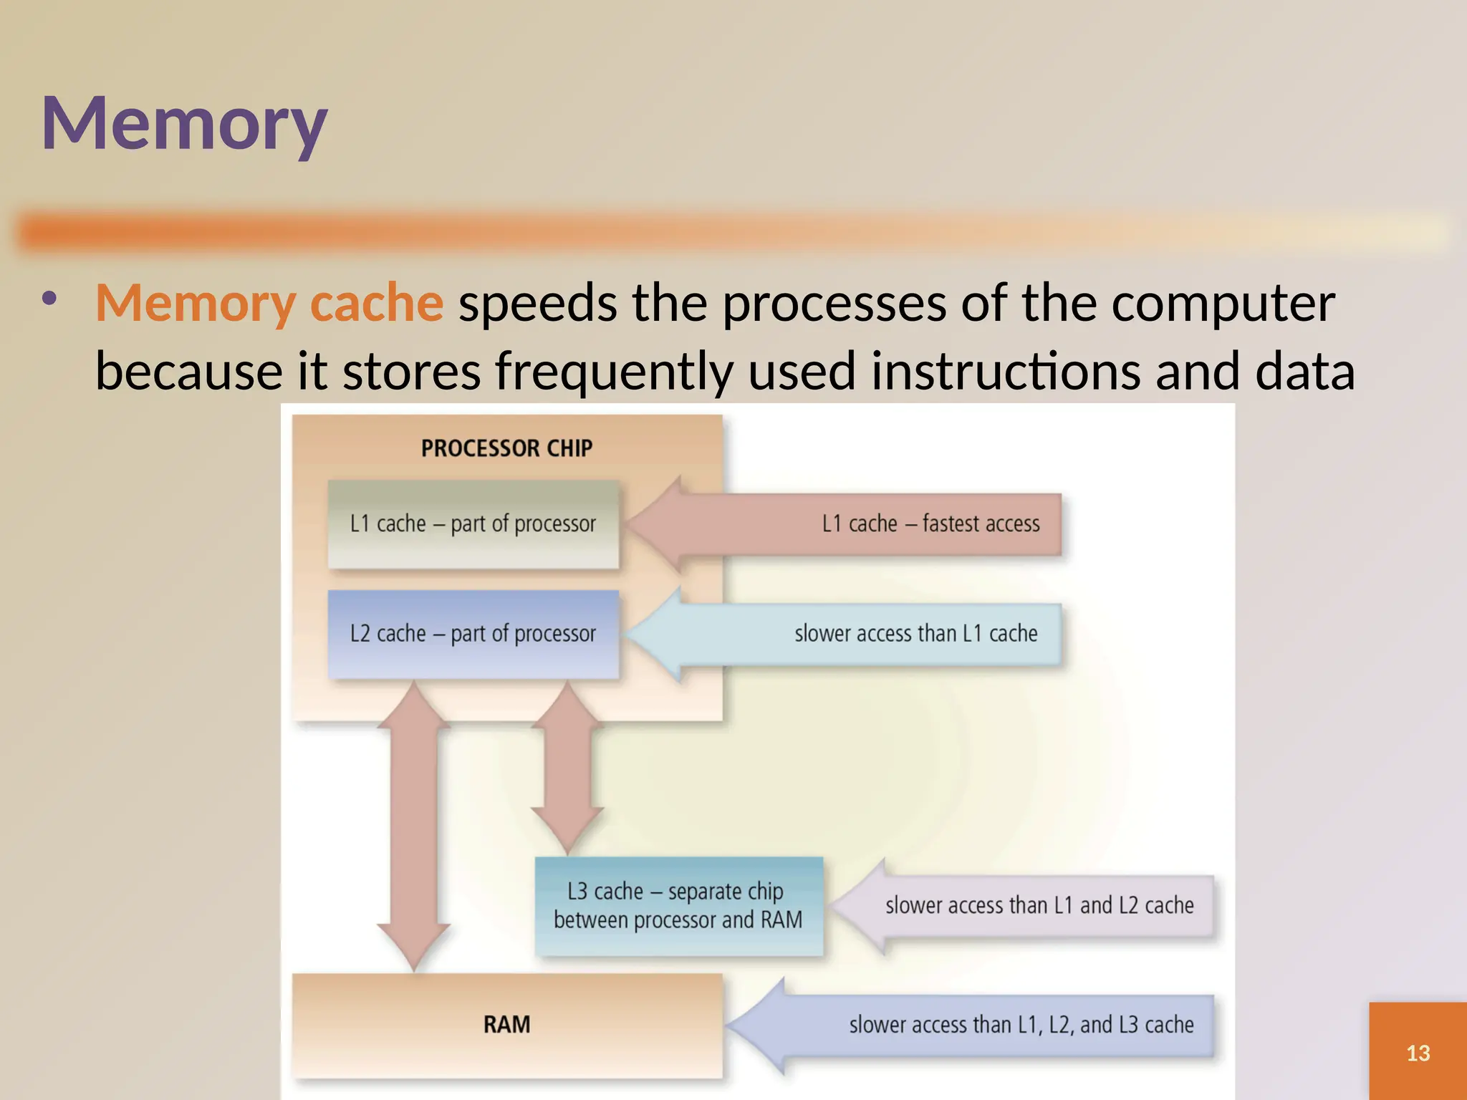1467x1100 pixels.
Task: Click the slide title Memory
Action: pyautogui.click(x=184, y=123)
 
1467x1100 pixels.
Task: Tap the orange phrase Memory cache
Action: pyautogui.click(x=269, y=303)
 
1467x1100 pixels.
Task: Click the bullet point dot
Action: pyautogui.click(x=49, y=298)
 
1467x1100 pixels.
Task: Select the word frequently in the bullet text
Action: pyautogui.click(x=614, y=372)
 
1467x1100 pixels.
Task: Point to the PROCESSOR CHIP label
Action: pyautogui.click(x=506, y=448)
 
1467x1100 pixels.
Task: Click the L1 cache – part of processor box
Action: pyautogui.click(x=473, y=524)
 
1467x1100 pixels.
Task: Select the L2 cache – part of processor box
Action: pyautogui.click(x=473, y=634)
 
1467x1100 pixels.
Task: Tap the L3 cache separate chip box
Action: pyautogui.click(x=678, y=906)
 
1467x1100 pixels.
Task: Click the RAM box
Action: pyautogui.click(x=506, y=1024)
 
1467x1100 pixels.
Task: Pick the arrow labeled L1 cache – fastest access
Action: pyautogui.click(x=860, y=524)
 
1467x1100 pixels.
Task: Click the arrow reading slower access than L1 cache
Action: pyautogui.click(x=860, y=634)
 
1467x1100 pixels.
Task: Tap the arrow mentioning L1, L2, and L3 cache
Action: pyautogui.click(x=989, y=1025)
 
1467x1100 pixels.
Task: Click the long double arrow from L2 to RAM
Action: pyautogui.click(x=414, y=824)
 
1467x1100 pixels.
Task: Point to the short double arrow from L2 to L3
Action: pyautogui.click(x=567, y=766)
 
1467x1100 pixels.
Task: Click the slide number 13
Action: pyautogui.click(x=1418, y=1053)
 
